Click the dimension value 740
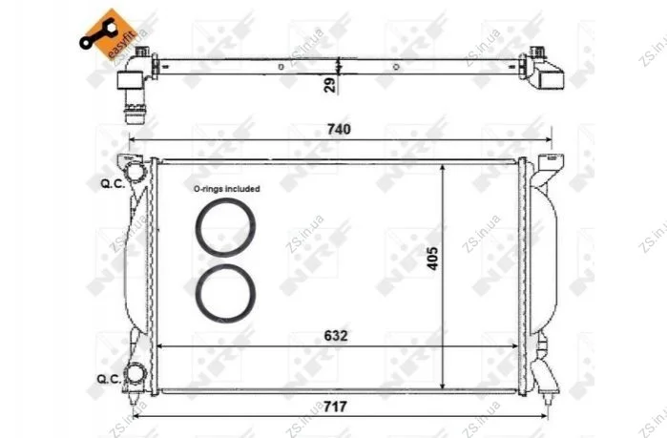(x=339, y=129)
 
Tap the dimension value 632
(x=336, y=336)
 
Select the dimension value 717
(x=335, y=407)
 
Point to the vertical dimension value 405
(x=432, y=258)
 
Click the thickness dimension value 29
(x=329, y=85)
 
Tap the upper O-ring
(x=225, y=227)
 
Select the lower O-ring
(x=225, y=293)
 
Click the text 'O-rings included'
(x=227, y=188)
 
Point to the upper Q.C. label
(x=113, y=184)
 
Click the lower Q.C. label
(x=110, y=379)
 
